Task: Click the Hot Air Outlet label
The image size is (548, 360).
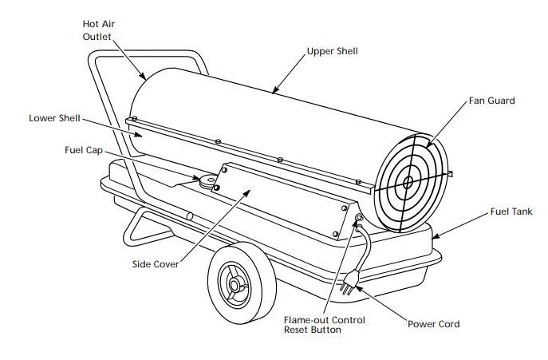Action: [x=99, y=30]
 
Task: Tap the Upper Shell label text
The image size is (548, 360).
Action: [x=333, y=51]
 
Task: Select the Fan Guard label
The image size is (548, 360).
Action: [x=491, y=101]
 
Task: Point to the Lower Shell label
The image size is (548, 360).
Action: [x=53, y=118]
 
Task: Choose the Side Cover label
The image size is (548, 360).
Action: [x=156, y=263]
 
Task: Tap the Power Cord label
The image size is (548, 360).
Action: [x=433, y=323]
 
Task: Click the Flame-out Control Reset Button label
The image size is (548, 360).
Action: [x=325, y=325]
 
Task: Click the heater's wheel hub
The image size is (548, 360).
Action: [x=236, y=283]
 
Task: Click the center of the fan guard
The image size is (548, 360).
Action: [x=408, y=182]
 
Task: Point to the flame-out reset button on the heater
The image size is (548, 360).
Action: [x=359, y=217]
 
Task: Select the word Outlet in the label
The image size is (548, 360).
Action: [x=99, y=36]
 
